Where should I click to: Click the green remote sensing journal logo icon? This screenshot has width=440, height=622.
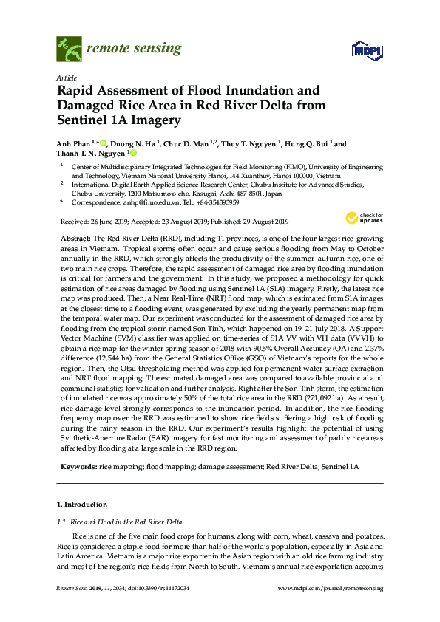tap(69, 49)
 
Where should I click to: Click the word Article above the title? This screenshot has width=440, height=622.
tap(66, 78)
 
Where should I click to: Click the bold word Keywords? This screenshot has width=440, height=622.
tap(76, 468)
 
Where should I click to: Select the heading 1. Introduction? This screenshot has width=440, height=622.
tap(81, 505)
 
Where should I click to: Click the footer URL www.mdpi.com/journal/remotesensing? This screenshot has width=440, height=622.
tap(329, 588)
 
